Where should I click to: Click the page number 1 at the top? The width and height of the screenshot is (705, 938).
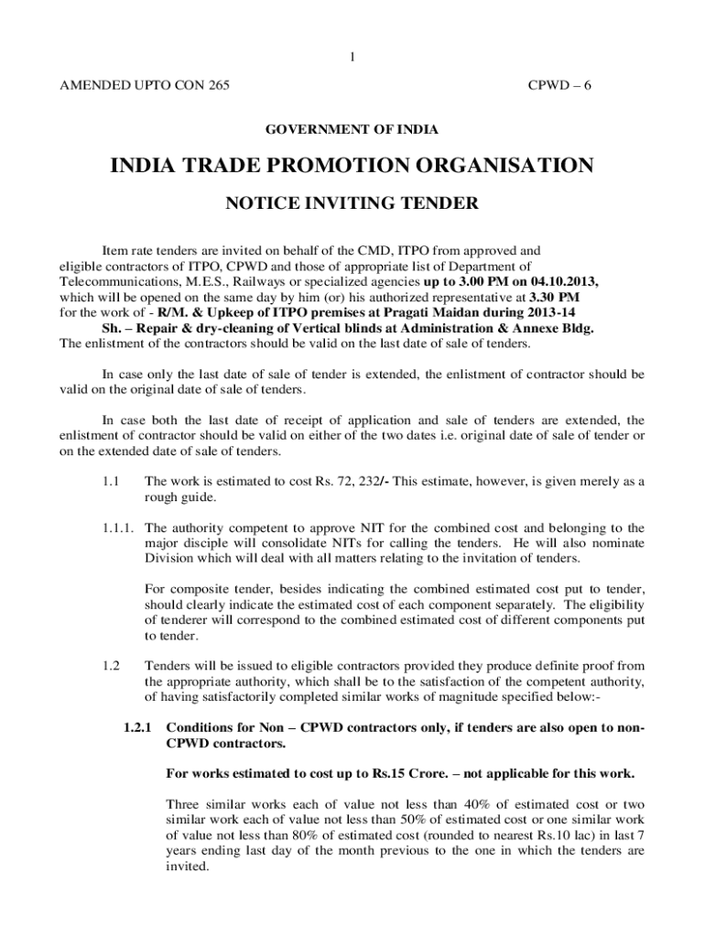coord(352,59)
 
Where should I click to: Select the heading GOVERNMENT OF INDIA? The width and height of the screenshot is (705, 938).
coord(352,131)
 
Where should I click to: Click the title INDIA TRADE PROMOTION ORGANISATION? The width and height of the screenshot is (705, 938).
coord(352,167)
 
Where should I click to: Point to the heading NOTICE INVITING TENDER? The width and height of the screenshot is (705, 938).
coord(352,203)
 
